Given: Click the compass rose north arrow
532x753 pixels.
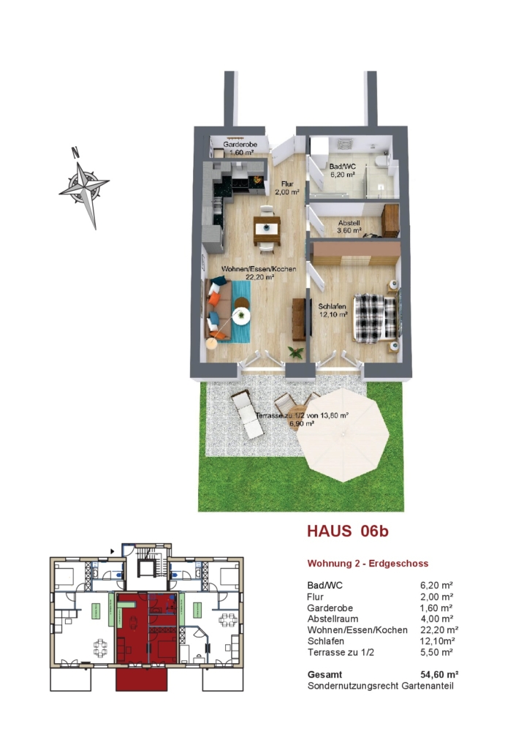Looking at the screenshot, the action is click(85, 187).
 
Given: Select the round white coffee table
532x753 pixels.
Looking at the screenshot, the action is click(241, 316).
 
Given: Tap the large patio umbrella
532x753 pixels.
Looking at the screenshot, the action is click(343, 434).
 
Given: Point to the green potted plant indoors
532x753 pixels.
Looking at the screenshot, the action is click(296, 352).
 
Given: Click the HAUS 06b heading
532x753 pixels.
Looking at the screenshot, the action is click(348, 531).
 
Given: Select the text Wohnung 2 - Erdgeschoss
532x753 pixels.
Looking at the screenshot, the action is click(368, 564).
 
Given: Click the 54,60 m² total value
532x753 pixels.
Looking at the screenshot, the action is click(439, 674).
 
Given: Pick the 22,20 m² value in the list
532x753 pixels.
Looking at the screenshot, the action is click(439, 629).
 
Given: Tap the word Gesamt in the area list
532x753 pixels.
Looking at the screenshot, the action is click(325, 675).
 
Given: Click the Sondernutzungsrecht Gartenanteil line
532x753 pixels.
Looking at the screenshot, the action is click(381, 686).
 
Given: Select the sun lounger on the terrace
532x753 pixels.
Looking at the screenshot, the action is click(247, 415).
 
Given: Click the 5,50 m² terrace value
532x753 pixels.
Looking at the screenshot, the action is click(436, 652).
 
